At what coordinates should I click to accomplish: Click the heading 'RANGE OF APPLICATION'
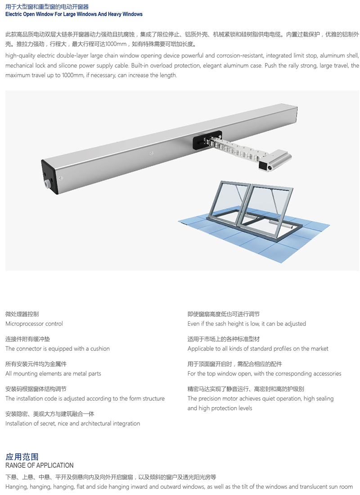point(40,465)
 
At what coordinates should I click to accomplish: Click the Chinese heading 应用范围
point(22,456)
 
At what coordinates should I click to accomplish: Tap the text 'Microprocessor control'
point(34,324)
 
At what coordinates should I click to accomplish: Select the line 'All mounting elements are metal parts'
point(53,373)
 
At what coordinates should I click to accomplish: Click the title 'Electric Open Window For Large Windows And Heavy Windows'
point(74,14)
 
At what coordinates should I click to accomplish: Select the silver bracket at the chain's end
point(274,160)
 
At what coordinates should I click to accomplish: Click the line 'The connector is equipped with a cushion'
point(58,348)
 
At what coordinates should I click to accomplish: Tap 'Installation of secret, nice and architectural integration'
point(72,423)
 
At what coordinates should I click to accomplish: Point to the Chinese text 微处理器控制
point(22,314)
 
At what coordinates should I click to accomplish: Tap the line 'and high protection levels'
point(220,408)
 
